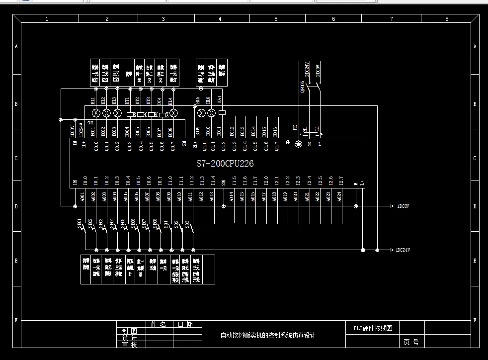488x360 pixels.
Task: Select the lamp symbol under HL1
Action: (95, 113)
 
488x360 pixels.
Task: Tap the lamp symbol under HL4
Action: (173, 113)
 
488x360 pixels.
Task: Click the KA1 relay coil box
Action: (222, 112)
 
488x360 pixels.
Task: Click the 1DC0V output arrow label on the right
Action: (403, 206)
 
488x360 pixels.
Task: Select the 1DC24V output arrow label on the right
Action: (404, 250)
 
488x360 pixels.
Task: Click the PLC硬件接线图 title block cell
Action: (373, 328)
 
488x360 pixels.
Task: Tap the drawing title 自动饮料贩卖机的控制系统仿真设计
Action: (268, 335)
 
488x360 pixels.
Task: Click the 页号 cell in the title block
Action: (411, 342)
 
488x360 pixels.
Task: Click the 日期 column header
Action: (185, 325)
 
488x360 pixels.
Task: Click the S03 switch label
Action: (187, 224)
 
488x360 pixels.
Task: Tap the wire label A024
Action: (340, 196)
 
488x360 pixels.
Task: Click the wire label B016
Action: (275, 131)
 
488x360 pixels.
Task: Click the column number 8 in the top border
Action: (447, 19)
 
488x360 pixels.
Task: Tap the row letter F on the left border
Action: (16, 321)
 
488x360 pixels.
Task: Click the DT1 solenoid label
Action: (128, 101)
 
